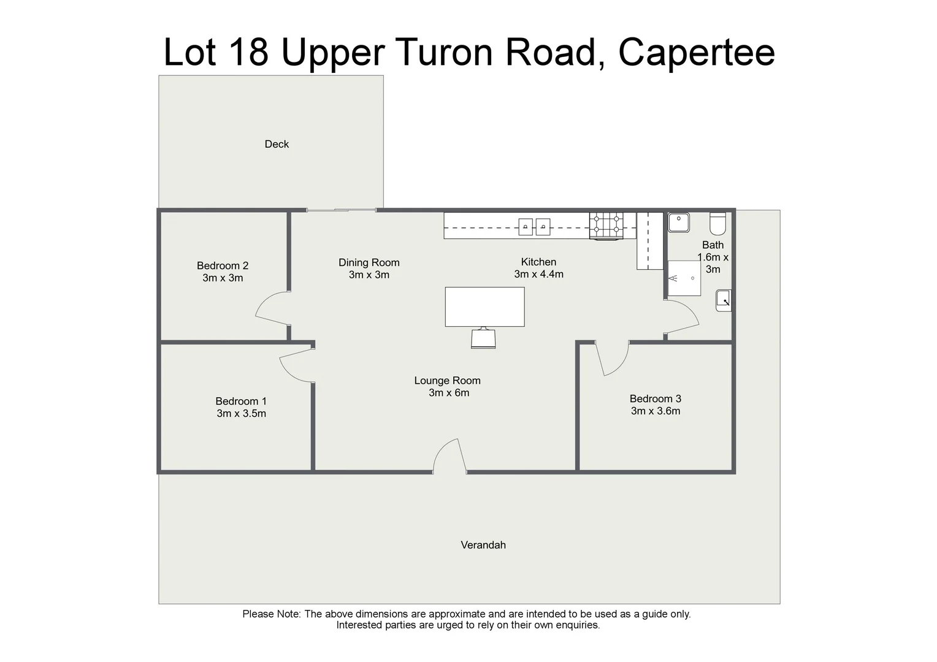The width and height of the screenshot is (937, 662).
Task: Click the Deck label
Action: click(277, 144)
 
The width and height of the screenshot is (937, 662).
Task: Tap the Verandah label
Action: click(483, 545)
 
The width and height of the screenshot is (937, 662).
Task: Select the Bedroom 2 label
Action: click(223, 265)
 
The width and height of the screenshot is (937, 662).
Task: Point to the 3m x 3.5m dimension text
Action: click(241, 414)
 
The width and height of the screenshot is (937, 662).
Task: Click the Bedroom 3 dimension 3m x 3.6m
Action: click(656, 411)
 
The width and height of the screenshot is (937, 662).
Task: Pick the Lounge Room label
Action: click(447, 381)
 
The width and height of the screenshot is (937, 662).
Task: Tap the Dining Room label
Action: click(369, 262)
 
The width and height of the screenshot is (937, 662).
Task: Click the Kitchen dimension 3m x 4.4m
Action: click(538, 275)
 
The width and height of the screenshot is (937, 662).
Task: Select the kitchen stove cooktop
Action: click(606, 226)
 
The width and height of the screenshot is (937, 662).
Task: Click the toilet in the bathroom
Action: click(717, 224)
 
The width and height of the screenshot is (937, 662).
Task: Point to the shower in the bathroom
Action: click(684, 278)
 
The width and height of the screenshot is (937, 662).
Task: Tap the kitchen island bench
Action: click(484, 306)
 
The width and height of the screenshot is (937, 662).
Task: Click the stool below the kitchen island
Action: click(483, 338)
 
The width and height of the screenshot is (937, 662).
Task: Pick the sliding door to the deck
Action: click(341, 210)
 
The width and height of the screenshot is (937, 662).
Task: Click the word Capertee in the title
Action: click(696, 52)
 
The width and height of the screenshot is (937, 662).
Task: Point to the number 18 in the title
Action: click(248, 52)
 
